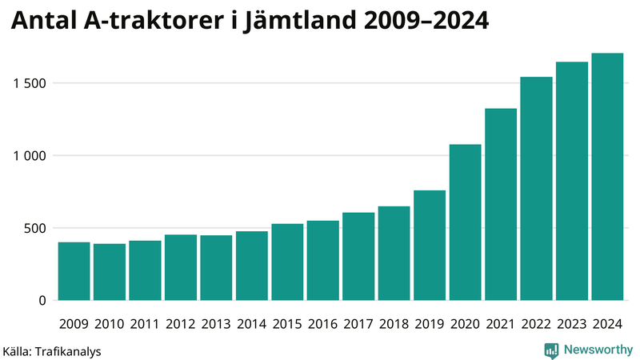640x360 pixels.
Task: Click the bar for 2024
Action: coord(607,177)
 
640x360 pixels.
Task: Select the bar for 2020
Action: coord(465,222)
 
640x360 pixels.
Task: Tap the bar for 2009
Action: coord(74,271)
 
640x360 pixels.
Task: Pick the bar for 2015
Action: coord(287,262)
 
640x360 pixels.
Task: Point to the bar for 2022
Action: coord(536,189)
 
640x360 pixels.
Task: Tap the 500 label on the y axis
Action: coord(37,228)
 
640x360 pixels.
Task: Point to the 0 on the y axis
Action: coord(43,301)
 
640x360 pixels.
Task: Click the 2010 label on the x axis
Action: coord(110,323)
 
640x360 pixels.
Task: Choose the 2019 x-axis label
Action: coord(430,323)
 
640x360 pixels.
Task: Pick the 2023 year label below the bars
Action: coord(572,323)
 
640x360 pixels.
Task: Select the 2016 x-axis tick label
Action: coord(322,323)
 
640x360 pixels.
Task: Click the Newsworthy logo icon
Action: coord(551,350)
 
